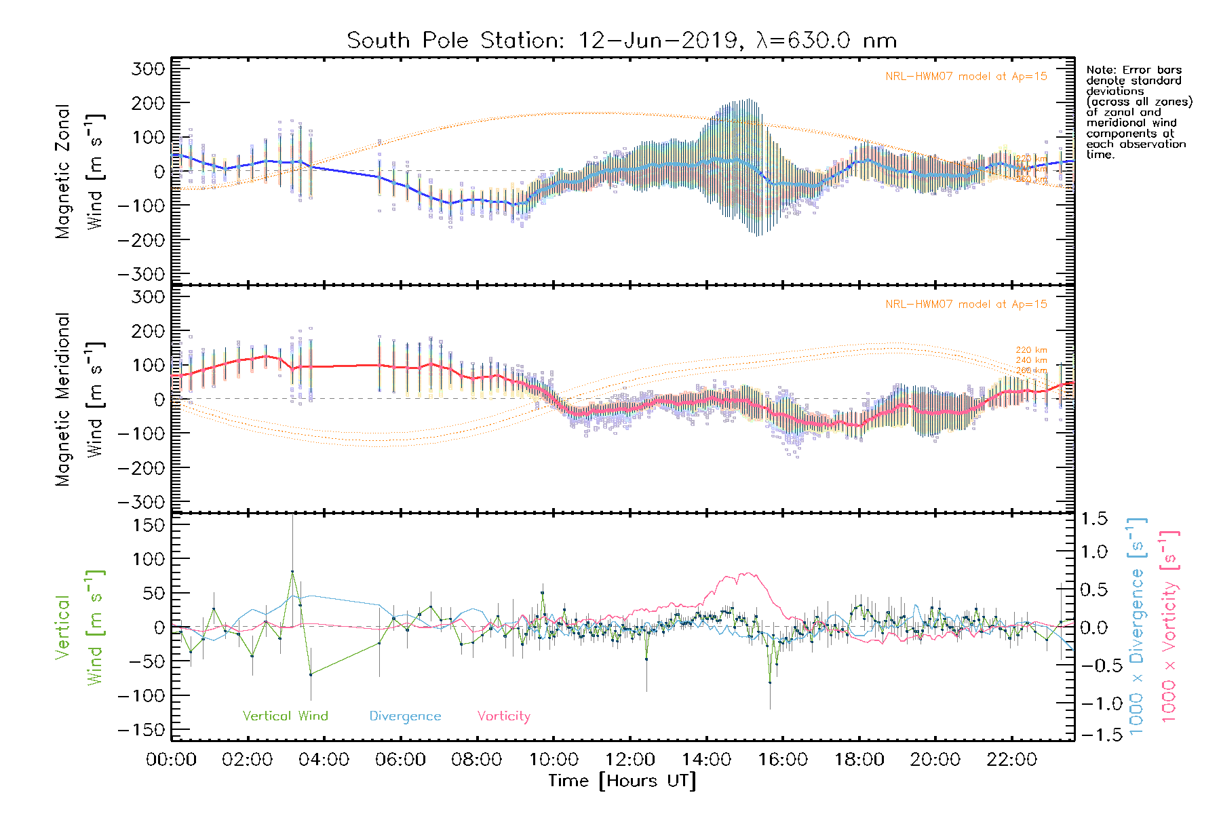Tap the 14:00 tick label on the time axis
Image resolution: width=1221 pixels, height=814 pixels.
[706, 759]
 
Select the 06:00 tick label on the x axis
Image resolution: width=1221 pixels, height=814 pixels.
[400, 759]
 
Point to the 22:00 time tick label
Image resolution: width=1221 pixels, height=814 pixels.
[1011, 759]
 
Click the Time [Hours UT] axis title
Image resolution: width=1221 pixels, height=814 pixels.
[622, 781]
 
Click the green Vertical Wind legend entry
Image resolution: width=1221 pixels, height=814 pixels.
[285, 716]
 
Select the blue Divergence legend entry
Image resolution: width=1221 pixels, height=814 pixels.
[405, 716]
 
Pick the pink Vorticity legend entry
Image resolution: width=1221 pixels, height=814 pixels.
[503, 716]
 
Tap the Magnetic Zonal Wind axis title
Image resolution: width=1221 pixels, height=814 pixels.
[80, 172]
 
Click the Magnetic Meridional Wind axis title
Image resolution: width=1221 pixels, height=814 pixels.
[80, 400]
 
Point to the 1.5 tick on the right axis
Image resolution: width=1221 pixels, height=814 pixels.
[1093, 519]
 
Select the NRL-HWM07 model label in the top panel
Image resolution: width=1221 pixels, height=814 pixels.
[966, 77]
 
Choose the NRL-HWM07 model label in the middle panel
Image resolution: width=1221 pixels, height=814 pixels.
[966, 305]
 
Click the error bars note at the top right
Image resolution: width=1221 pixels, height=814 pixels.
[1139, 112]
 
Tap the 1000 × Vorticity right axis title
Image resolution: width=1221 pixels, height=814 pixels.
[1169, 625]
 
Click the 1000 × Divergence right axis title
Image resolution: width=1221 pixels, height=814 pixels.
[1136, 625]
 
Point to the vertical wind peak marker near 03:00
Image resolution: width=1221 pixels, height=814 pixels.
[292, 572]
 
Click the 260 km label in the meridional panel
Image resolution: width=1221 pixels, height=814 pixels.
[1031, 370]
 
